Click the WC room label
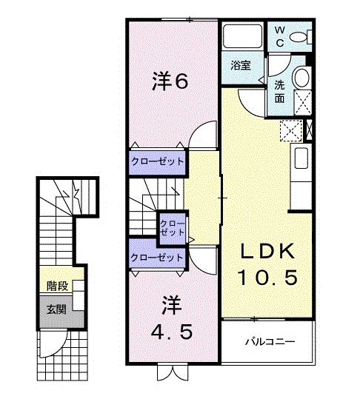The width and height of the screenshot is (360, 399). (x=280, y=37)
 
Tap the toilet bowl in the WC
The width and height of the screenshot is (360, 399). (x=299, y=38)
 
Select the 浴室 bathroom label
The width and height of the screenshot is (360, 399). (x=241, y=66)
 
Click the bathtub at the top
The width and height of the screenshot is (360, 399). (x=243, y=36)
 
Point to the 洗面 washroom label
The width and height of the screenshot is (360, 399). (x=279, y=92)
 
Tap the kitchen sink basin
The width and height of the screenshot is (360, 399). (x=301, y=158)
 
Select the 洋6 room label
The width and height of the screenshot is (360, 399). (x=170, y=81)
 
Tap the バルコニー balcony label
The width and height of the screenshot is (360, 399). (x=270, y=341)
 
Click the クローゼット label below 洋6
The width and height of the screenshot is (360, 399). (x=157, y=161)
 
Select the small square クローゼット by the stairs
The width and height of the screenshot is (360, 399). (x=172, y=228)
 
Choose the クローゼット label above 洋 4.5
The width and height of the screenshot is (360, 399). (x=156, y=258)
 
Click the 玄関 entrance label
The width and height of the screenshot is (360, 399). (x=56, y=310)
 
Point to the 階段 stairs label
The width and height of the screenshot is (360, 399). (x=57, y=286)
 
